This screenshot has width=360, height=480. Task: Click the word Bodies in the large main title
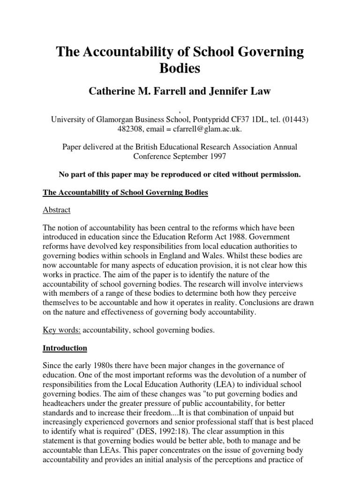(x=180, y=68)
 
